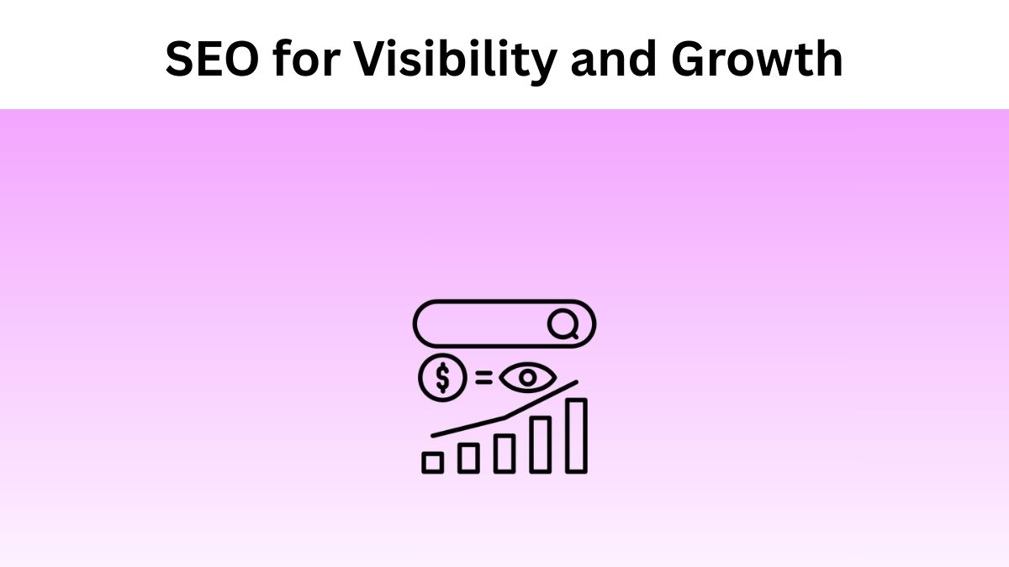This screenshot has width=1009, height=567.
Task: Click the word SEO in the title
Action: click(x=211, y=60)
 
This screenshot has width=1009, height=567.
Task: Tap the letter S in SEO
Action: click(x=182, y=60)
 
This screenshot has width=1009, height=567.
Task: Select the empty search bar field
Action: click(x=479, y=323)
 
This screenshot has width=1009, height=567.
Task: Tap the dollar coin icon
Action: click(x=441, y=379)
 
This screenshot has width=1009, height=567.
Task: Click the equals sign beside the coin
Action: click(x=483, y=378)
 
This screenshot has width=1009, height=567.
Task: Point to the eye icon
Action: click(x=527, y=378)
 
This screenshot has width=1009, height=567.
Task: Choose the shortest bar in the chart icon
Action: click(x=432, y=462)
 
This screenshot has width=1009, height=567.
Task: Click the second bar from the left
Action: click(x=468, y=458)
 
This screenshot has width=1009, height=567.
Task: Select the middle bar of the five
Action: click(x=504, y=454)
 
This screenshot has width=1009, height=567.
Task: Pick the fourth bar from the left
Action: click(x=540, y=444)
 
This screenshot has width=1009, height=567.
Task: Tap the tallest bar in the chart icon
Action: click(x=576, y=435)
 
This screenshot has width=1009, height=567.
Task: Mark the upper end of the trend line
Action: click(x=575, y=383)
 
